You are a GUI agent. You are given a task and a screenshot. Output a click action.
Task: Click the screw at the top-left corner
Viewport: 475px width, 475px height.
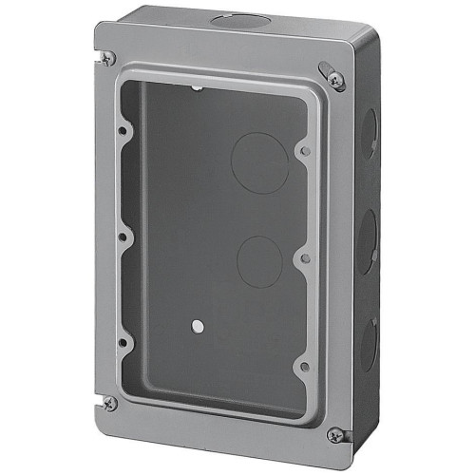point(108,58)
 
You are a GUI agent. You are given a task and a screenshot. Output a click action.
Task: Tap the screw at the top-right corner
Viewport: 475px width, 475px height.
point(334,77)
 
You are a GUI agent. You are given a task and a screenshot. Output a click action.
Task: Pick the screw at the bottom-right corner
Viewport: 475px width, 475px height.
point(334,434)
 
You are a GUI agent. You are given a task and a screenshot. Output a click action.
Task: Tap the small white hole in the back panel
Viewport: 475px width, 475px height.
point(196,326)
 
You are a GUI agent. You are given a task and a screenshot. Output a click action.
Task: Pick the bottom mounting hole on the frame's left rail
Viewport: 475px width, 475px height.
point(123,342)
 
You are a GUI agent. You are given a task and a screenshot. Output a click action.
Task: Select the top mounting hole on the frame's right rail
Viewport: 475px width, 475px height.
point(303,150)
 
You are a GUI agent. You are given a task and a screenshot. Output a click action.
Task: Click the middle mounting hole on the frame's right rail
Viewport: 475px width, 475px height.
point(303,257)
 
